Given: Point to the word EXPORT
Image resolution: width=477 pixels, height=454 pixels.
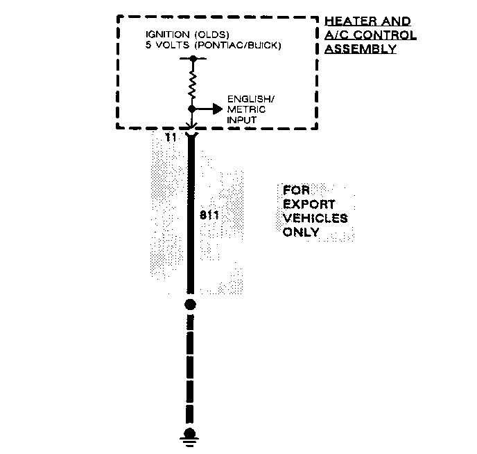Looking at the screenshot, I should [308, 205].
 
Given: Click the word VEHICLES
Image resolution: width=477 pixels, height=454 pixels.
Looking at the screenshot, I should [315, 218].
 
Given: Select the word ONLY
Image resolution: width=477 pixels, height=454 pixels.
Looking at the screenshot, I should [301, 232].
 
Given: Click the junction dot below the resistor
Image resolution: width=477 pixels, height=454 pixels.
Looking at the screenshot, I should [192, 109].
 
